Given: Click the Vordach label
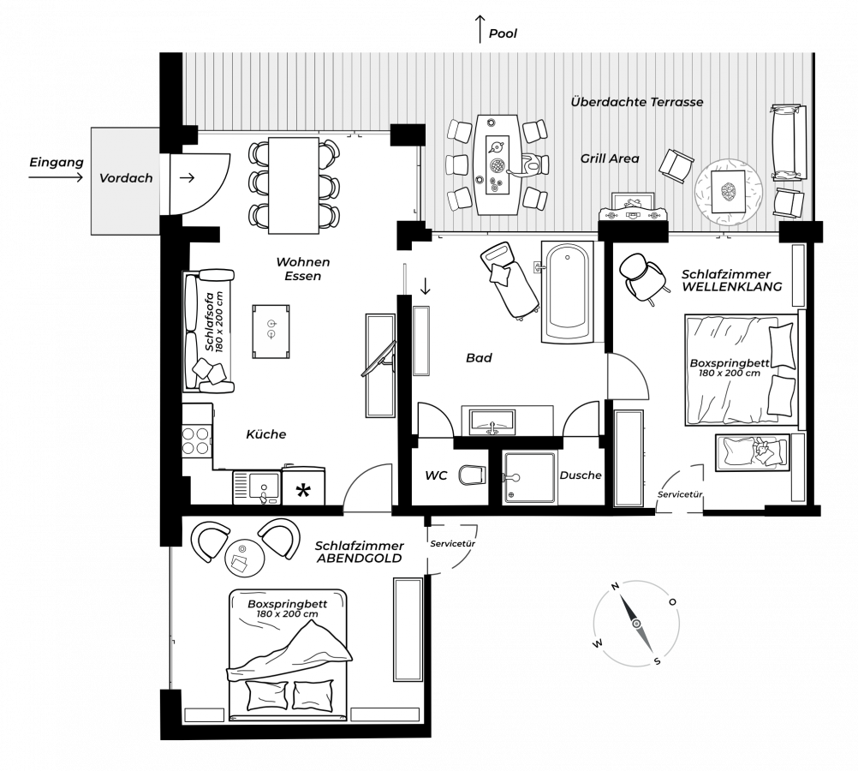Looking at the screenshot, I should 126,178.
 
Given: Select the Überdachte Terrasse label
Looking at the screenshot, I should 637,102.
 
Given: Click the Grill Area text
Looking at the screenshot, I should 610,158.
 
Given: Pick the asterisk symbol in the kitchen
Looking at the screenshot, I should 303,490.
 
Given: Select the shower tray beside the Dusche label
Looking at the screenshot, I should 527,477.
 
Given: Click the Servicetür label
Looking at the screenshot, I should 680,495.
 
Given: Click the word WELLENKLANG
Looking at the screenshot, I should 732,287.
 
